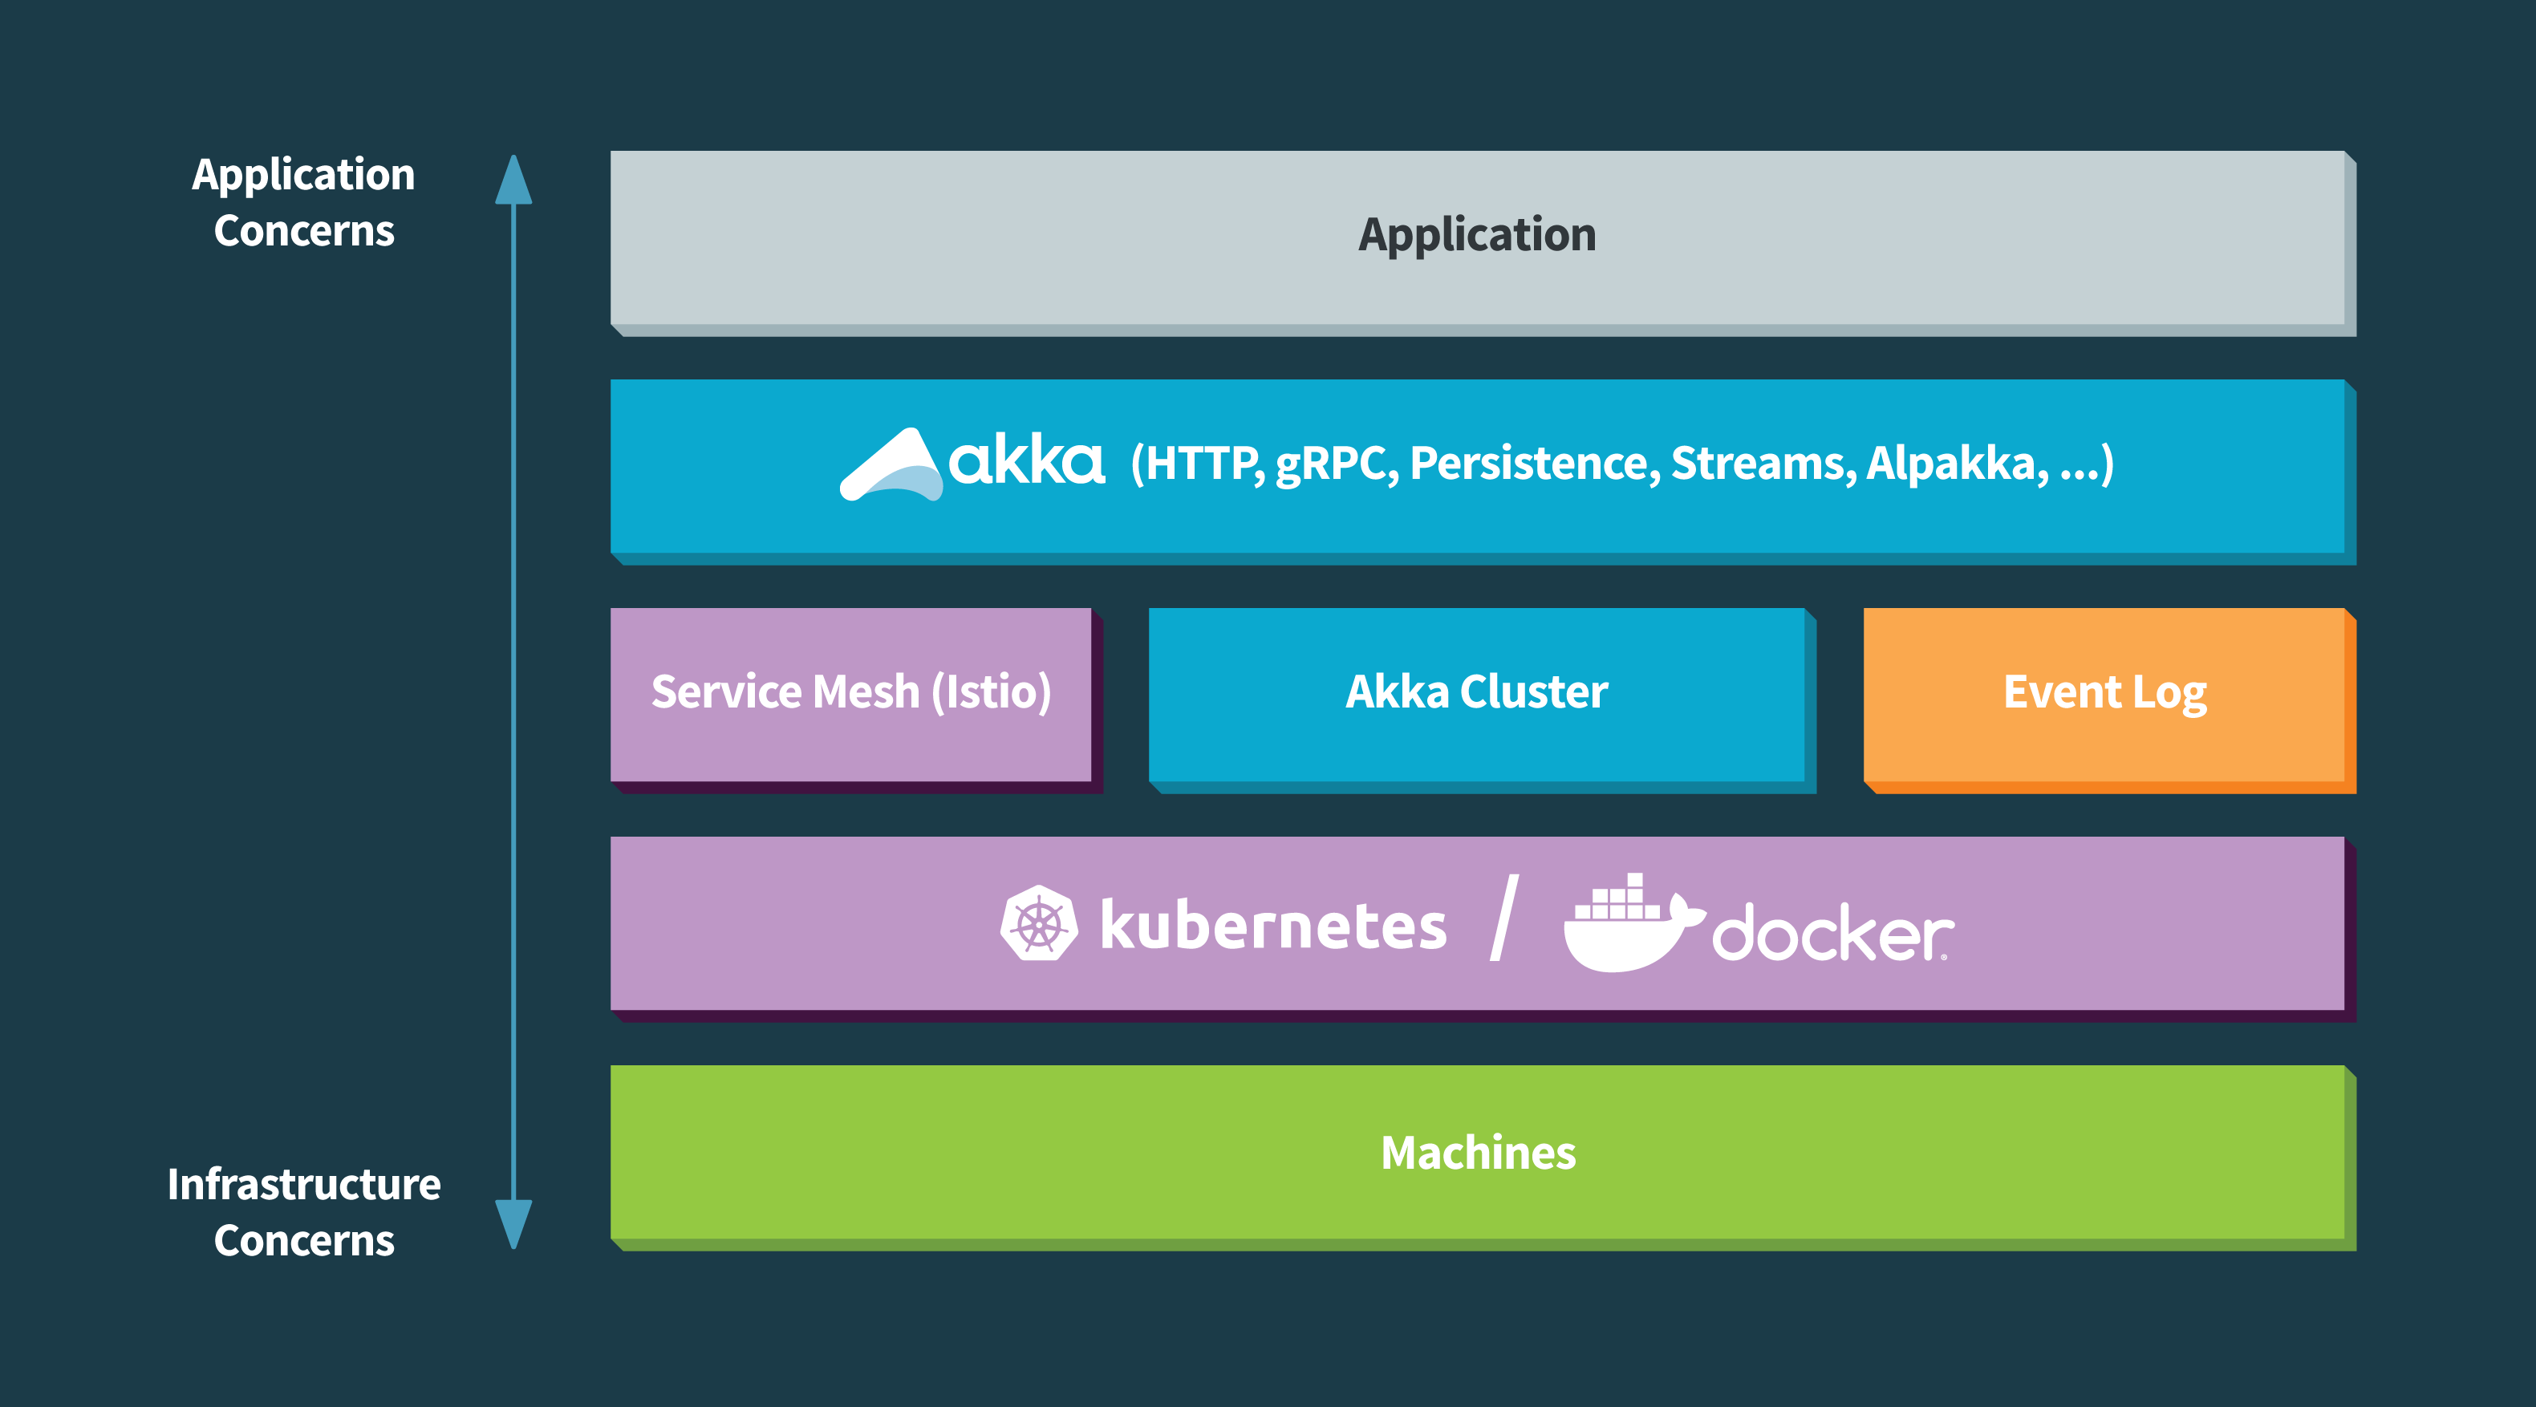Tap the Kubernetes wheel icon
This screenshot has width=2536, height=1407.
(x=1039, y=923)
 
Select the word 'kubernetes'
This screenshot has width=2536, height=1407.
(x=1273, y=925)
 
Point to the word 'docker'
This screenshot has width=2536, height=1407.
(x=1833, y=931)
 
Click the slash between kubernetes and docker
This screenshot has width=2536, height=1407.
(x=1504, y=917)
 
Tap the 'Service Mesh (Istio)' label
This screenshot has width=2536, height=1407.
(x=850, y=692)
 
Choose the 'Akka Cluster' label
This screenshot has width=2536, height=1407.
(x=1477, y=691)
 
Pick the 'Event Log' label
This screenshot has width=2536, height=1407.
(x=2105, y=693)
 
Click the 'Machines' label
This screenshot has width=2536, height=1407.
(x=1478, y=1153)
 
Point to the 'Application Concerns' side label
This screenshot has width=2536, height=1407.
(x=303, y=202)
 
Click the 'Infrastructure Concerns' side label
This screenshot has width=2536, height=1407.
(x=303, y=1212)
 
